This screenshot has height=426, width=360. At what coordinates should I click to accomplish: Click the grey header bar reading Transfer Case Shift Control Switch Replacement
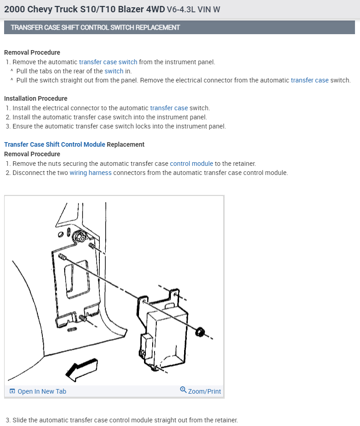(179, 27)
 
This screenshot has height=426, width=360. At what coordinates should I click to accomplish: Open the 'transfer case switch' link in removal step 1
(108, 62)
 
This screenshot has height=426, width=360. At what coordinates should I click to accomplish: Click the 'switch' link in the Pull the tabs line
(114, 71)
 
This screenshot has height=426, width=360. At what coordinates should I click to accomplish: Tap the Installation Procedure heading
(36, 98)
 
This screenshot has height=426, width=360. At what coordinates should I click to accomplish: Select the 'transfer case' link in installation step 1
(169, 108)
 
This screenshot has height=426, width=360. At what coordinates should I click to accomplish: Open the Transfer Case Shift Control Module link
(55, 144)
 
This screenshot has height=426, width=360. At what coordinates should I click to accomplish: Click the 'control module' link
(191, 163)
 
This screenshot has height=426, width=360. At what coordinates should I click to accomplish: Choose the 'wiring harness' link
(90, 173)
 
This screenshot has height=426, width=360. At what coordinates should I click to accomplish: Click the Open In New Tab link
(41, 391)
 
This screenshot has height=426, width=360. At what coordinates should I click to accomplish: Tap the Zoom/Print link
(204, 391)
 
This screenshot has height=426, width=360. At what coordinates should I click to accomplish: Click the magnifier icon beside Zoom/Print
(183, 390)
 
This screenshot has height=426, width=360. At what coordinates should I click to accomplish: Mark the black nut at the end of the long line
(199, 331)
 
